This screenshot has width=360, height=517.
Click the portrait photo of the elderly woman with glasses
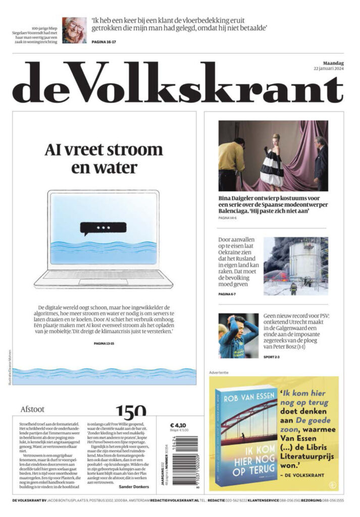click(x=74, y=30)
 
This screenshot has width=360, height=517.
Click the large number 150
click(x=131, y=410)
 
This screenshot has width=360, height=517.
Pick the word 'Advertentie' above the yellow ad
click(x=219, y=373)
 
